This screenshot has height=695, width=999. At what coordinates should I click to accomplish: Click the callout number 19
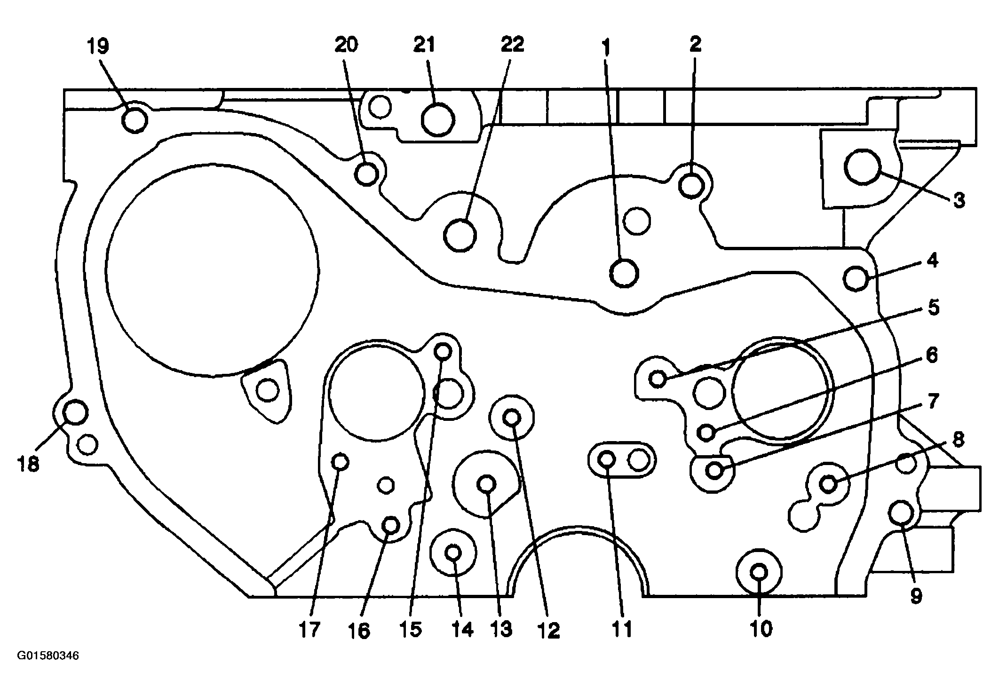[x=98, y=47]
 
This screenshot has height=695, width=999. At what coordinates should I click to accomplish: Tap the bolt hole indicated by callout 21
[x=437, y=119]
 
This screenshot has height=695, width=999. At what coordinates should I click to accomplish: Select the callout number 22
[x=512, y=45]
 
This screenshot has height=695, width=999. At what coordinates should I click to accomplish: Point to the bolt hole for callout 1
[x=624, y=273]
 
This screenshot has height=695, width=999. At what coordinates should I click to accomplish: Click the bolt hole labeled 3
[x=862, y=166]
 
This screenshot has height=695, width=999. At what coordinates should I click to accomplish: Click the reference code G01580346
[x=48, y=656]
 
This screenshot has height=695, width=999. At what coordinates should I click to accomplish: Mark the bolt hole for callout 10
[x=759, y=573]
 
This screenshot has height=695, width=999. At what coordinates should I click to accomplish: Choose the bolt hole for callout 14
[x=453, y=553]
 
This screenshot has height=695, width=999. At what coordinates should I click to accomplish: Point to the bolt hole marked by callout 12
[x=512, y=417]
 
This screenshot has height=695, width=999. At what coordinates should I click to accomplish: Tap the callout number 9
[x=915, y=596]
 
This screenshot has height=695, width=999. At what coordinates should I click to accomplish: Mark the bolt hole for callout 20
[x=366, y=174]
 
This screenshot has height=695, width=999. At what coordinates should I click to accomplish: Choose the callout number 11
[x=623, y=629]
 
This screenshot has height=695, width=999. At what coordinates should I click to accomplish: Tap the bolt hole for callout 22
[x=460, y=234]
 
